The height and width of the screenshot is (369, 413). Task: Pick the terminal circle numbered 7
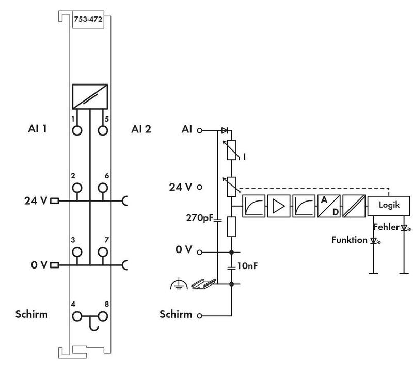[103, 252]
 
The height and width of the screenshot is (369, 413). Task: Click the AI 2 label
[141, 129]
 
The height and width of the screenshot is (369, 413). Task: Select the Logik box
[389, 205]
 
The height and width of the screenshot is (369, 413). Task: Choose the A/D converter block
[329, 206]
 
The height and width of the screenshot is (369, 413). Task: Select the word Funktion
[350, 240]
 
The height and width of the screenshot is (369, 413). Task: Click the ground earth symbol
[177, 284]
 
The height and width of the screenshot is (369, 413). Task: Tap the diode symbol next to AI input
[224, 130]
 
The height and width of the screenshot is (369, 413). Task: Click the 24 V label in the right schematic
[180, 187]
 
